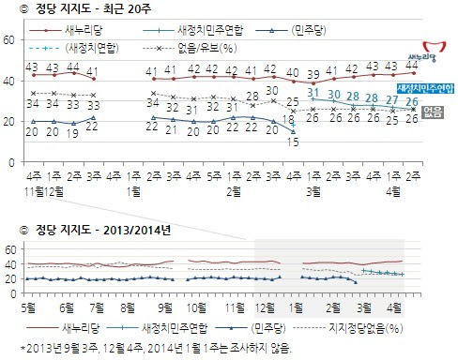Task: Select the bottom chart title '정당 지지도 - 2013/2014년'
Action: coord(99,230)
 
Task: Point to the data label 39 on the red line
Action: coord(339,73)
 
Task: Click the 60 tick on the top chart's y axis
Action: coord(8,39)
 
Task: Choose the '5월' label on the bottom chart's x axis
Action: coord(32,307)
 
